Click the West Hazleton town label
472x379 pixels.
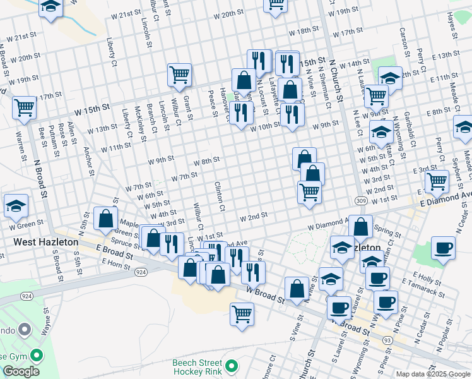click(x=45, y=242)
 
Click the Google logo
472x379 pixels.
click(x=21, y=371)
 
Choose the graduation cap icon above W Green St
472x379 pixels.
click(x=16, y=205)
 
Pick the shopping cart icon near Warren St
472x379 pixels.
click(x=25, y=107)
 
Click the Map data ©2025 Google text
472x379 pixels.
click(x=433, y=374)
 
